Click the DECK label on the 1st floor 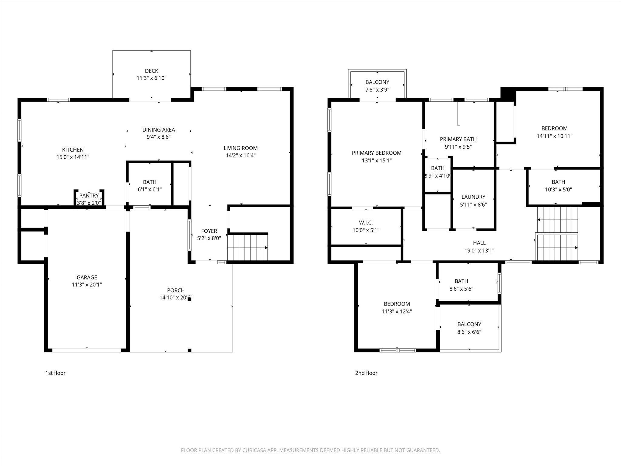pos(152,71)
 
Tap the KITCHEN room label pos(73,150)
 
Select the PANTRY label pos(89,196)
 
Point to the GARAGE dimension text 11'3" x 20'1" pos(87,285)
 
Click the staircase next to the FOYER pos(247,247)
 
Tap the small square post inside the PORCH pos(190,299)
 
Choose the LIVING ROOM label pos(241,148)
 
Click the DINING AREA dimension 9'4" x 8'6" pos(159,137)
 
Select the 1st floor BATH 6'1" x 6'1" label pos(150,182)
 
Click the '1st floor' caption pos(55,373)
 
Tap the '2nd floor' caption pos(366,373)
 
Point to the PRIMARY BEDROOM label pos(377,153)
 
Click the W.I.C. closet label pos(366,223)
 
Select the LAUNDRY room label pos(473,197)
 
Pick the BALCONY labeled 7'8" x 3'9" pos(377,82)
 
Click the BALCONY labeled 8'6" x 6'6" pos(469,324)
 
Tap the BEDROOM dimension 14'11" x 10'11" pos(555,136)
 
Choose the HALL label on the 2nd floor pos(479,243)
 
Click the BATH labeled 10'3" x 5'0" pos(558,182)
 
